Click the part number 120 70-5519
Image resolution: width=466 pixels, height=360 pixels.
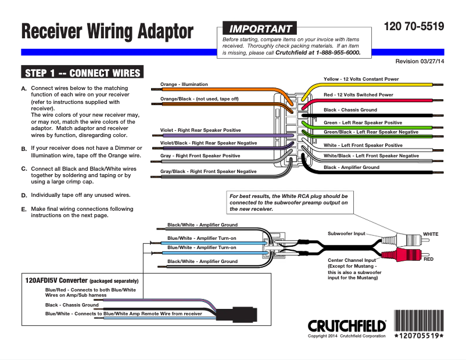[x=414, y=26]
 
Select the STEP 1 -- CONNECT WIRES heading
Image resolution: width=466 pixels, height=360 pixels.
[x=82, y=73]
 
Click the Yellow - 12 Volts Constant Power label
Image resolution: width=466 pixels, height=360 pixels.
[x=361, y=79]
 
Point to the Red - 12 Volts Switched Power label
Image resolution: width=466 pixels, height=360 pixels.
[x=358, y=95]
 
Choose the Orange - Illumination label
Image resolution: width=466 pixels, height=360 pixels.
[x=184, y=84]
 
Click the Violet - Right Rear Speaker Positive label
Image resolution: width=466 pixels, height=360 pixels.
[x=200, y=130]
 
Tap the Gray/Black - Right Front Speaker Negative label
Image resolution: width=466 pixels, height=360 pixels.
[x=208, y=171]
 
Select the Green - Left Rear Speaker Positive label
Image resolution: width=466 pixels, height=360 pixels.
[x=363, y=123]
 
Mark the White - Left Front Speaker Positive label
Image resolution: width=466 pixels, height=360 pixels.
[x=363, y=145]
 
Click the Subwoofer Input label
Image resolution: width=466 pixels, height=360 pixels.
[x=346, y=233]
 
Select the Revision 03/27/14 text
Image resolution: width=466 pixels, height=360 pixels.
[x=420, y=61]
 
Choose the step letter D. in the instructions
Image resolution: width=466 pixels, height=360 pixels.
[x=24, y=196]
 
